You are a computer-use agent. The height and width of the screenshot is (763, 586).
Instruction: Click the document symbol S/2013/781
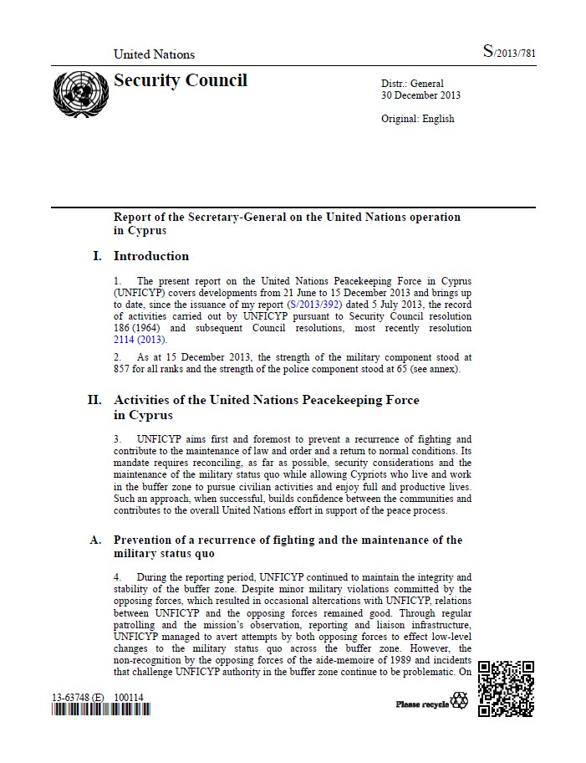tap(509, 53)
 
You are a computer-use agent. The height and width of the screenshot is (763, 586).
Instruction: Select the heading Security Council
tap(181, 80)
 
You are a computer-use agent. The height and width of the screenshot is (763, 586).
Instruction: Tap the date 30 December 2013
tap(420, 95)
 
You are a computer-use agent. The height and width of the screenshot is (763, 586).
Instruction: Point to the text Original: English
tap(417, 119)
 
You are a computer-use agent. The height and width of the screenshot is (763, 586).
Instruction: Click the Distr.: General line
tap(412, 84)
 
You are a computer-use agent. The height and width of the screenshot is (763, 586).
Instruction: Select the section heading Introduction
tap(151, 256)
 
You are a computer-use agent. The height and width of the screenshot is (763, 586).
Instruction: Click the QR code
tap(506, 689)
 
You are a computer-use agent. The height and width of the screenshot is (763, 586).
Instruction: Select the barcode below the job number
tap(100, 710)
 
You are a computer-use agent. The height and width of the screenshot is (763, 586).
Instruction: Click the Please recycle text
tap(422, 704)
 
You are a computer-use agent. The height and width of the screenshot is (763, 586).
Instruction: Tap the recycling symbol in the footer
tap(460, 701)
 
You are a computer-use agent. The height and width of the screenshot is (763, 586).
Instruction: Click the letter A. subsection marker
tap(96, 540)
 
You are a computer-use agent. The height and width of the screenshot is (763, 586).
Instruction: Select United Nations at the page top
tap(154, 54)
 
